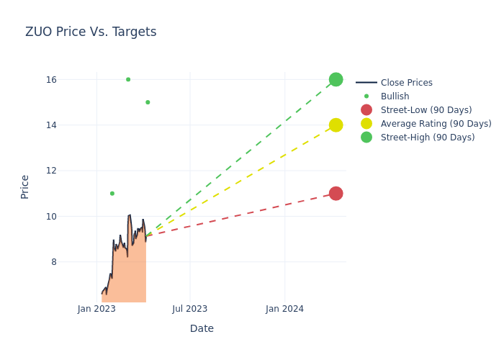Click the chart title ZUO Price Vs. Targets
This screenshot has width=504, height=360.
click(91, 32)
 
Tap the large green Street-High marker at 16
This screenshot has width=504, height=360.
click(336, 79)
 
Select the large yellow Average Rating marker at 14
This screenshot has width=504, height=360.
click(336, 125)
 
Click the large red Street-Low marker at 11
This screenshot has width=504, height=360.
click(336, 193)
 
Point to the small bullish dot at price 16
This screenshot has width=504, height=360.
click(128, 79)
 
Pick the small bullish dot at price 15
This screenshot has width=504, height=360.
click(148, 102)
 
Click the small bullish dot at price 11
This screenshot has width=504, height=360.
click(112, 193)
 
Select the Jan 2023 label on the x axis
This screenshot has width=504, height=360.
click(96, 309)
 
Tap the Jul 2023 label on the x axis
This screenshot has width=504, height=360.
click(190, 309)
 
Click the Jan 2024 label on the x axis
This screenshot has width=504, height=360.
click(284, 309)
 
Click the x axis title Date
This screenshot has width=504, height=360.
click(202, 328)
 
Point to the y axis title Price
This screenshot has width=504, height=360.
click(25, 186)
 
